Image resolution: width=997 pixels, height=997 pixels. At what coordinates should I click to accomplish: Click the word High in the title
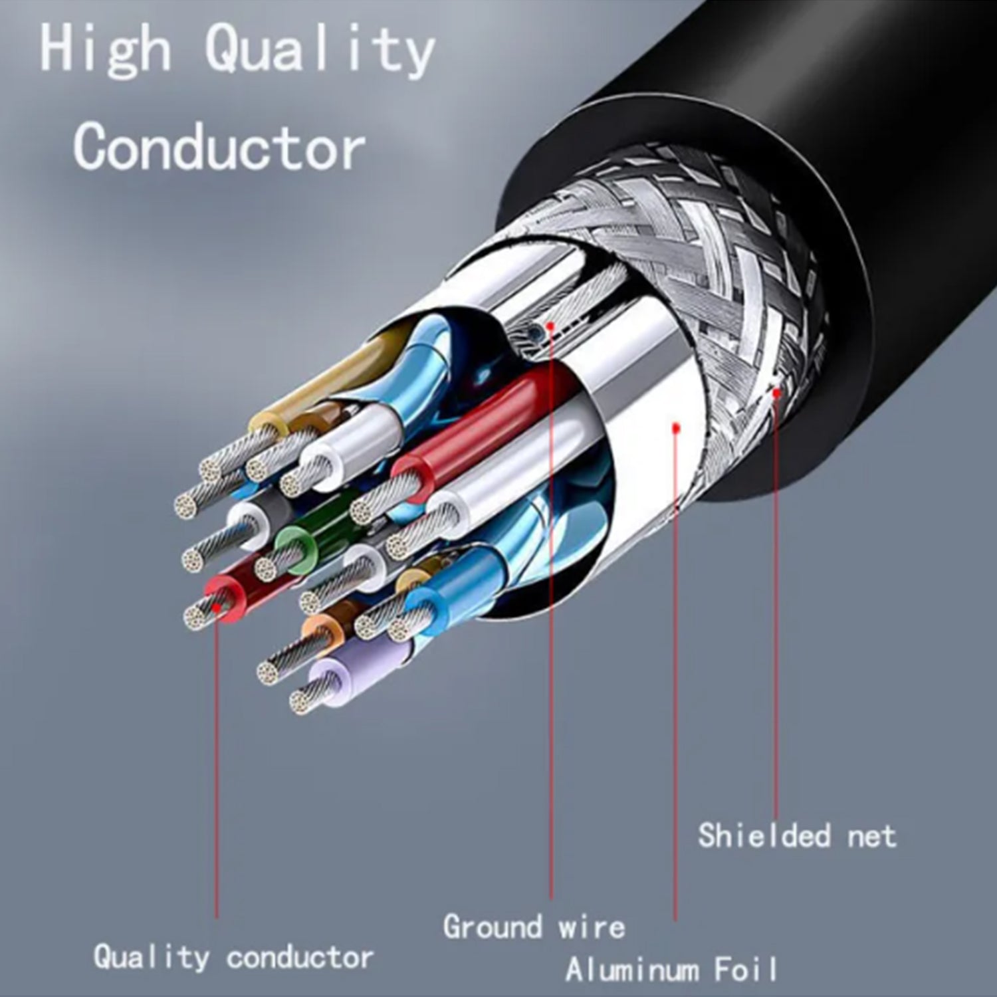coord(104,50)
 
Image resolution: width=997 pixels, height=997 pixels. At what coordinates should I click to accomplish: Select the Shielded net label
coord(796,835)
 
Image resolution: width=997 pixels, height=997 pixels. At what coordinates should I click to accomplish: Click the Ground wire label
coord(534,927)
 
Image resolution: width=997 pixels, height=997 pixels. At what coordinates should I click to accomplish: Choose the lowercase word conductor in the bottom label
coord(300,958)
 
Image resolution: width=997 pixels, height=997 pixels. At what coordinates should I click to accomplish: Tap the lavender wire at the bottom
coord(346,678)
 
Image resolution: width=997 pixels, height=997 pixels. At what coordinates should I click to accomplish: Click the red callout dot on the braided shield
coord(776,392)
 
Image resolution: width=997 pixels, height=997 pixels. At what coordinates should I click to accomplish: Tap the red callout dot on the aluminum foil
coord(675,429)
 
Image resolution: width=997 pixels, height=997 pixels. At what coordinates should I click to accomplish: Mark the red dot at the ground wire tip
coord(550,326)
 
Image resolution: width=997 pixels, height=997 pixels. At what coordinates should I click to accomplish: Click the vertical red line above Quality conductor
coord(216,764)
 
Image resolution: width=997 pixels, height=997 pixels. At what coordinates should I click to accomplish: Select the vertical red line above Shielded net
coord(776,598)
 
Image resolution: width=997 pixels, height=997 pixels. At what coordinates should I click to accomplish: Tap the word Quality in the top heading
coord(319,50)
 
